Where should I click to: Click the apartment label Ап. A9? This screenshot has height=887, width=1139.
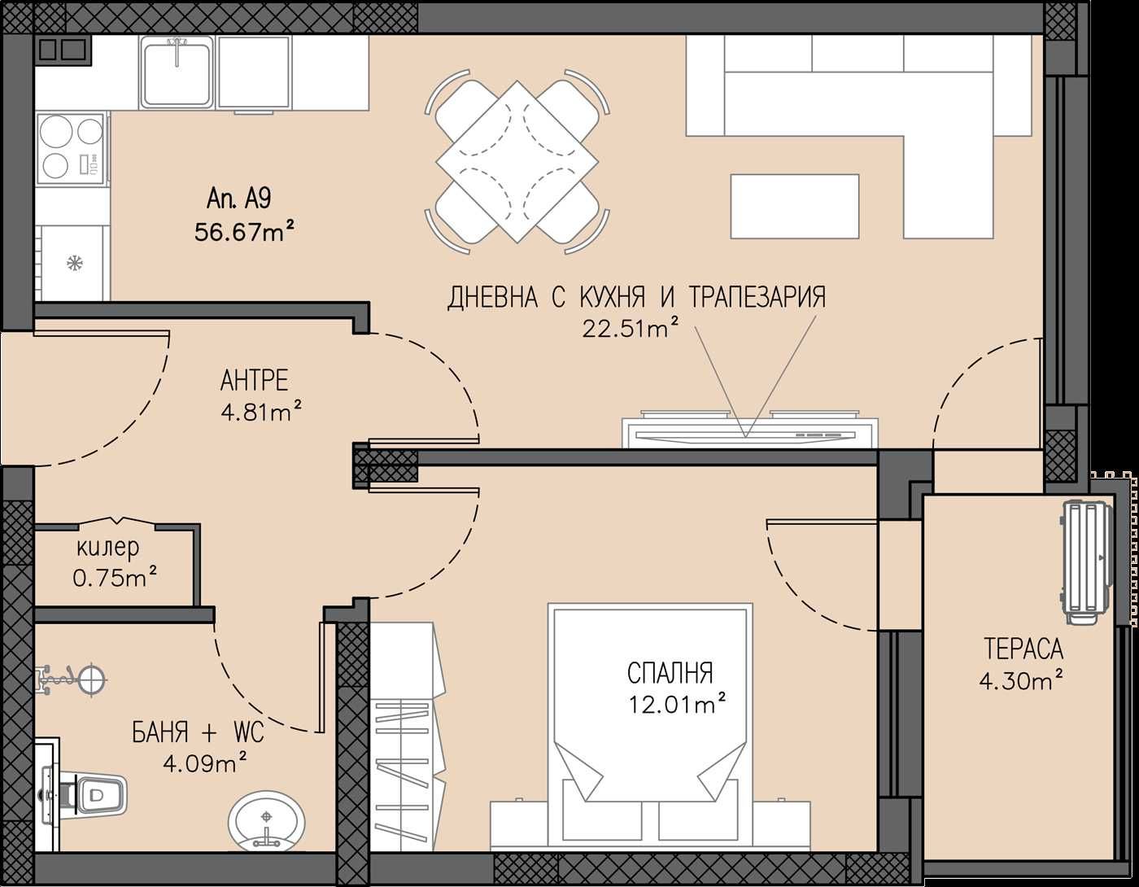tap(239, 199)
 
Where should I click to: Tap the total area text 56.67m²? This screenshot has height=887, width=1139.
tap(244, 231)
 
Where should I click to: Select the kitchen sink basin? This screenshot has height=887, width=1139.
tap(177, 73)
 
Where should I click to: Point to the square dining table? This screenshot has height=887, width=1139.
tap(517, 161)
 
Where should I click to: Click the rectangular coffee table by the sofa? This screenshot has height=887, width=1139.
tap(795, 206)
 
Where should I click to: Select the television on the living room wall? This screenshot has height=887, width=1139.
tap(749, 431)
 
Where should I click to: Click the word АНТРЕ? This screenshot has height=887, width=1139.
tap(254, 381)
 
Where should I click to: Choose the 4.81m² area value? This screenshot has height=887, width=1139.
tap(261, 412)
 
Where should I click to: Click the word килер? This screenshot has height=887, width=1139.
tap(108, 548)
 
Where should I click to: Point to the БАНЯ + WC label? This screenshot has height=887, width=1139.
tap(198, 733)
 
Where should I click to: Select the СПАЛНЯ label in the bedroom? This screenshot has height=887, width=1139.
tap(670, 673)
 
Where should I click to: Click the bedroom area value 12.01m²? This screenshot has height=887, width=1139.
tap(677, 704)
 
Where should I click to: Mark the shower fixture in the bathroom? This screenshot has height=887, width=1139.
tap(72, 680)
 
